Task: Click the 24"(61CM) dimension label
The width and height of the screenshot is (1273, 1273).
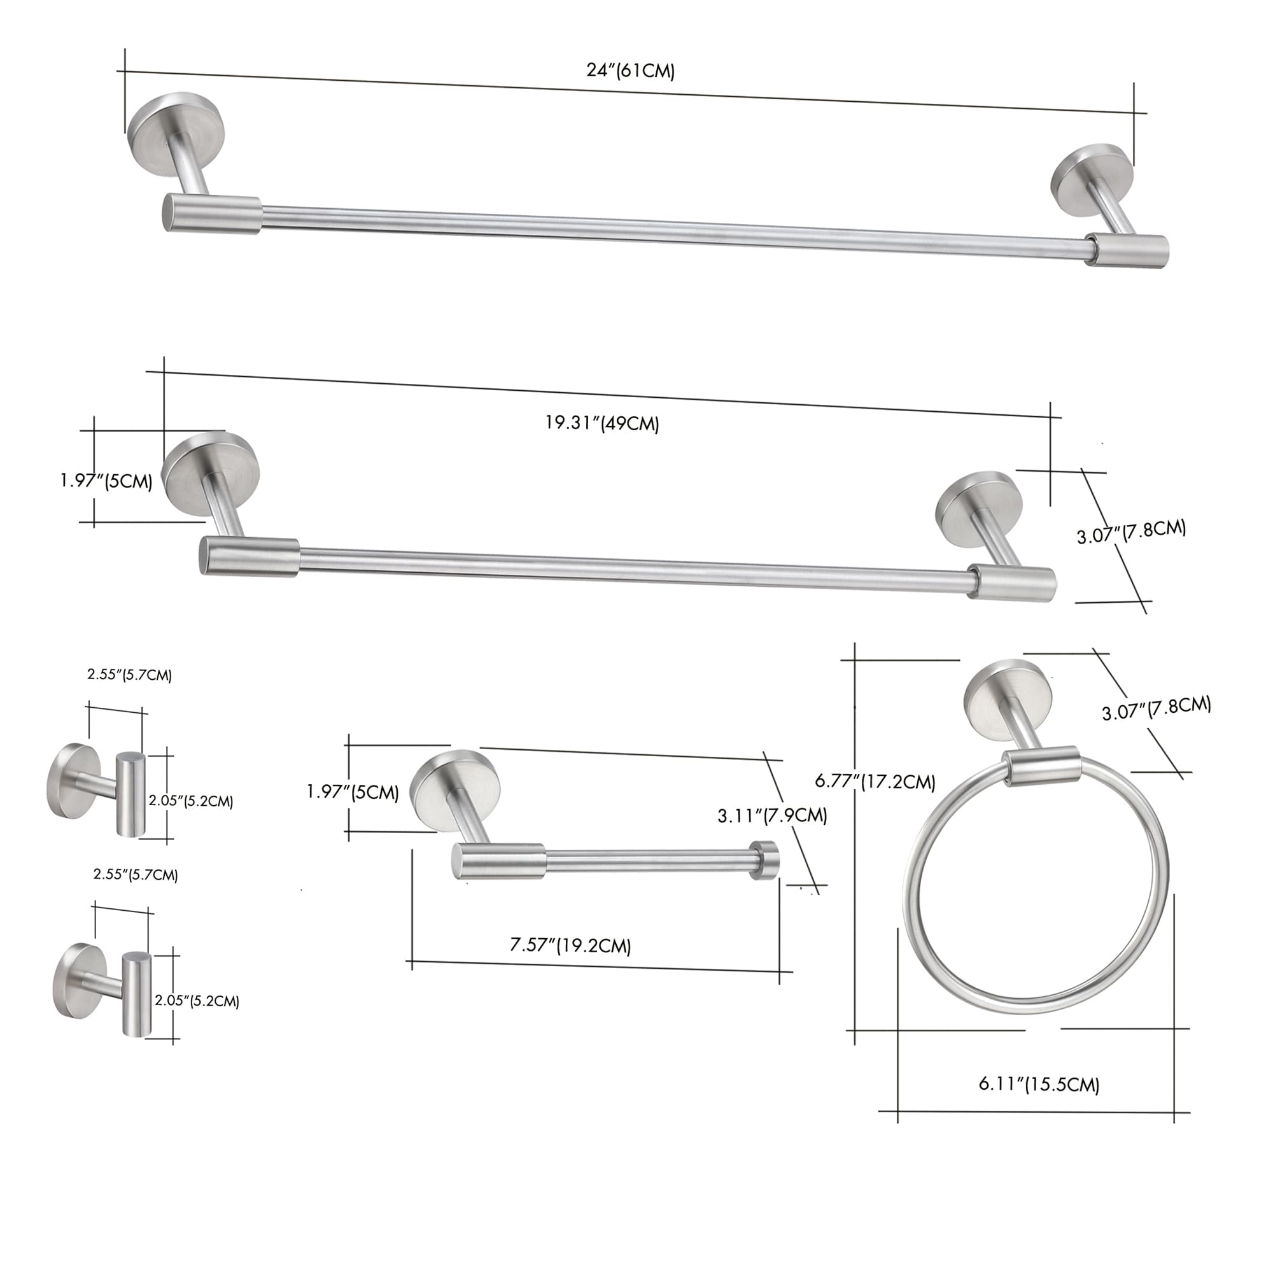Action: (x=631, y=71)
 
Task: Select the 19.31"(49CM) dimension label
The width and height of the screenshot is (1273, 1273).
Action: (x=601, y=423)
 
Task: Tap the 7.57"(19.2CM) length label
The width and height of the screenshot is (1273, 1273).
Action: (x=570, y=946)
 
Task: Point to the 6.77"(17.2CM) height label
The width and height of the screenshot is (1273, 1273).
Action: (x=875, y=782)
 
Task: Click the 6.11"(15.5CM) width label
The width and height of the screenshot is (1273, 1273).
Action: (x=1038, y=1084)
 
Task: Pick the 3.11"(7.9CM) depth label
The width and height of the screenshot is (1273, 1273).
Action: (x=772, y=816)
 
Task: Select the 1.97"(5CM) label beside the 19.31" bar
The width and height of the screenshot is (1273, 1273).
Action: (x=107, y=481)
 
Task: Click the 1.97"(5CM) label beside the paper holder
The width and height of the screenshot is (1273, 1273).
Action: (x=353, y=792)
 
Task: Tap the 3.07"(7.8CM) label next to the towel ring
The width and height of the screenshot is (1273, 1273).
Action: (x=1157, y=708)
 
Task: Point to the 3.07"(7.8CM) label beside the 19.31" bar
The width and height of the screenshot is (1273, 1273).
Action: (x=1131, y=531)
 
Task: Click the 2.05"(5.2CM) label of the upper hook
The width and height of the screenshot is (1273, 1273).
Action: (x=190, y=801)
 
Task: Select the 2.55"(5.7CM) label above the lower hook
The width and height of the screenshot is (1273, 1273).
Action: (x=136, y=875)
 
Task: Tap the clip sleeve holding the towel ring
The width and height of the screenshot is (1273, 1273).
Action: (x=1041, y=766)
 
